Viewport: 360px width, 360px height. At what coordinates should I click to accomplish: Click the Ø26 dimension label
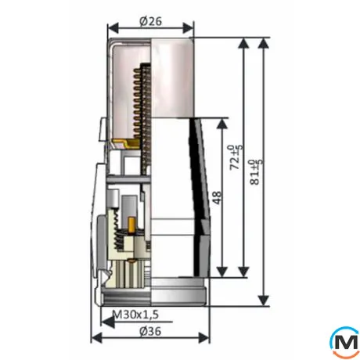coord(150,21)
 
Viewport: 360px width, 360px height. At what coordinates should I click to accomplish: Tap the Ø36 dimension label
coord(150,331)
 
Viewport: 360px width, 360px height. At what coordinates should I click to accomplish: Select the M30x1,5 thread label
coord(135,315)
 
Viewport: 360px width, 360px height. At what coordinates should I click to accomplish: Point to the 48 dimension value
coord(217,197)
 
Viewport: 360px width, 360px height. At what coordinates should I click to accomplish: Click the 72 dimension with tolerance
coord(236,157)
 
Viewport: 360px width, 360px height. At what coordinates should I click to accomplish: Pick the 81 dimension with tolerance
coord(256,172)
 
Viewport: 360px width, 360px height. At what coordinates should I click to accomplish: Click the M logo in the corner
coord(345,342)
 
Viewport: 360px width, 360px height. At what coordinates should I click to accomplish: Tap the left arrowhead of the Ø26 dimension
coord(113,28)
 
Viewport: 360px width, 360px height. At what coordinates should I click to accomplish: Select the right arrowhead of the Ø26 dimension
coord(189,28)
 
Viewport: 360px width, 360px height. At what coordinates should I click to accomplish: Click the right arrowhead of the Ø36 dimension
coord(204,338)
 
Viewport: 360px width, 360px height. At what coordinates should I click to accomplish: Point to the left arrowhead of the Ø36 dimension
coord(96,338)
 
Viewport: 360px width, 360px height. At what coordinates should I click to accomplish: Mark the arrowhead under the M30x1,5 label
coord(107,322)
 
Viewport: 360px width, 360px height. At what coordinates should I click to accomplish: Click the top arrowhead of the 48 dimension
coord(222,124)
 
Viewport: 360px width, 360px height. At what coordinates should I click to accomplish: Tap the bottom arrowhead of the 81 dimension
coord(264,301)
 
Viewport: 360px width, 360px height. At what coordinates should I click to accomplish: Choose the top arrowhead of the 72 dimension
coord(243,44)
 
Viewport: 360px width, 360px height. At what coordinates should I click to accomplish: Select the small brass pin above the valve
coord(131,225)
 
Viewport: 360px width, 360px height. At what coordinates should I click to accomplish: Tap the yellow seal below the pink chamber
coord(126,144)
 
